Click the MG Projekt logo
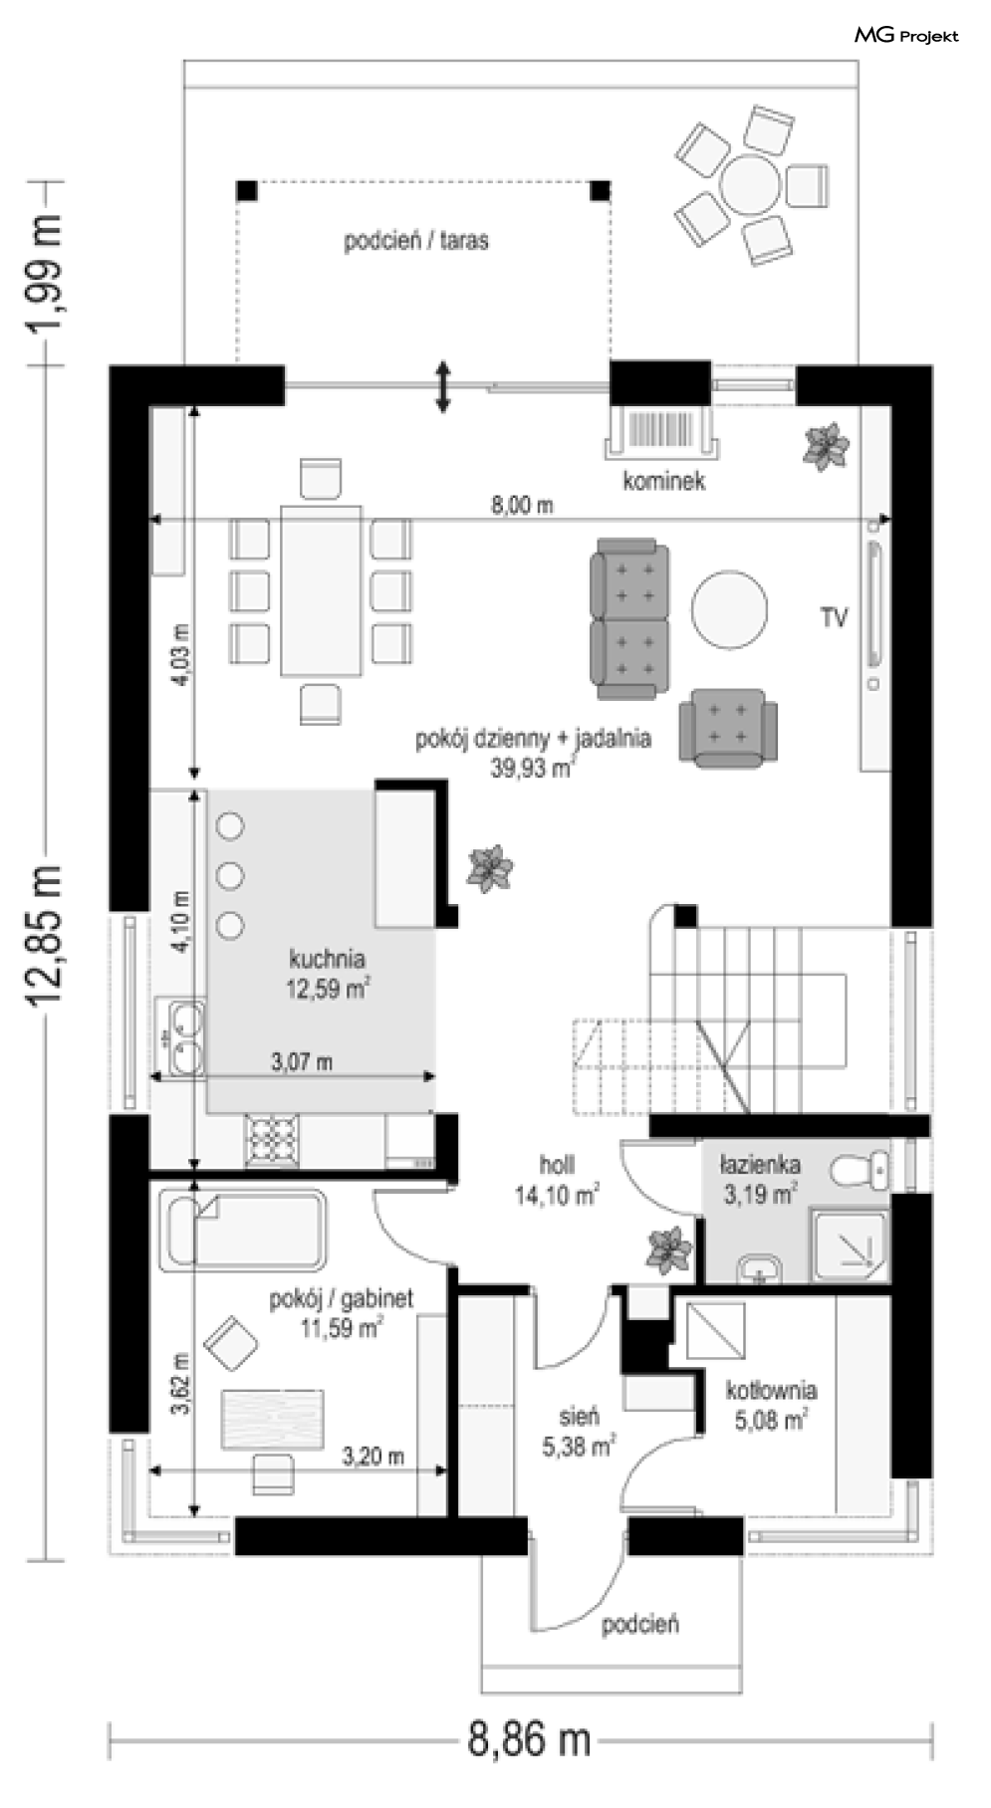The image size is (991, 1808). pyautogui.click(x=906, y=36)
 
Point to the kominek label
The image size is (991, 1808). pyautogui.click(x=664, y=482)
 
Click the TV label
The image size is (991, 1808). pyautogui.click(x=834, y=618)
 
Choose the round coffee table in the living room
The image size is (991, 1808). pyautogui.click(x=730, y=609)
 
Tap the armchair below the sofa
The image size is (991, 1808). pyautogui.click(x=728, y=728)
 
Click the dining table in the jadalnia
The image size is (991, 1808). pyautogui.click(x=321, y=590)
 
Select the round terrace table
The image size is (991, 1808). pyautogui.click(x=751, y=185)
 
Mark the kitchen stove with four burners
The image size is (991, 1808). pyautogui.click(x=272, y=1140)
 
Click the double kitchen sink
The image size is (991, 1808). pyautogui.click(x=185, y=1039)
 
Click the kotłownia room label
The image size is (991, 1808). pyautogui.click(x=772, y=1390)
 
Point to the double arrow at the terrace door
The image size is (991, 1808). pyautogui.click(x=443, y=387)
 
